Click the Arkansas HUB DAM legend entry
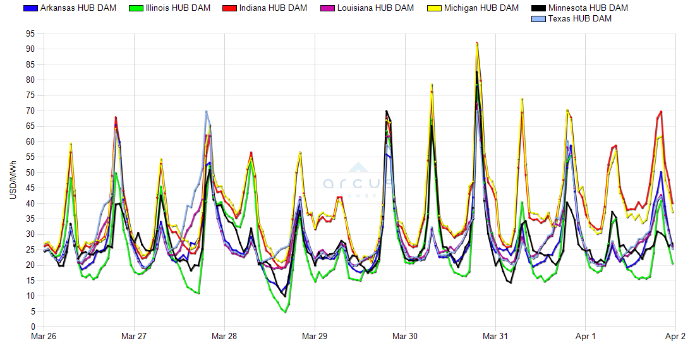(x=69, y=8)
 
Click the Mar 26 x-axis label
(x=44, y=337)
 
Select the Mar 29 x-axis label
(x=315, y=337)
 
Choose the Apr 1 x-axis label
(x=586, y=337)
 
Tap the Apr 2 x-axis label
(x=675, y=337)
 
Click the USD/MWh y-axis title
(x=13, y=180)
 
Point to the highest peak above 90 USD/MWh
(x=477, y=43)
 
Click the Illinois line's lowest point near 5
(x=286, y=312)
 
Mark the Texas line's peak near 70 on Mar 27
(x=206, y=111)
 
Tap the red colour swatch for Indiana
(x=230, y=8)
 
